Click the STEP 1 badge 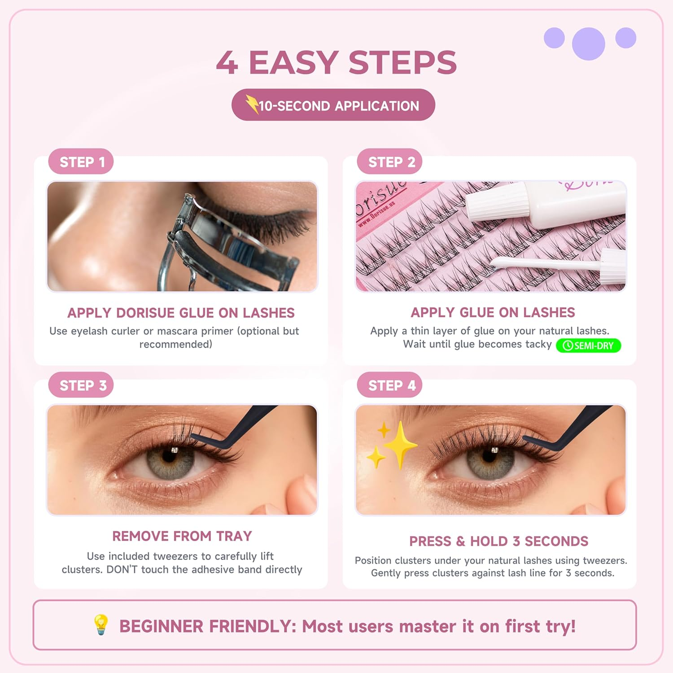(x=81, y=162)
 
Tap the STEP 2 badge (x=390, y=162)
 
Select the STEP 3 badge (x=81, y=385)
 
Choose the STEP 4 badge (x=390, y=385)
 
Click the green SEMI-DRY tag (x=588, y=345)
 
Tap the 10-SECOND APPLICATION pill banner (x=333, y=105)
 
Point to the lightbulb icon (x=101, y=625)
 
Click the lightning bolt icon (x=252, y=105)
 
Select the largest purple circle (x=588, y=44)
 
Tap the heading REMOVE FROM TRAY (x=182, y=536)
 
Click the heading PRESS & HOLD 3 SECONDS (x=498, y=541)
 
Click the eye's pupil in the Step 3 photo (x=169, y=456)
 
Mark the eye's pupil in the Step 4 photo (x=489, y=455)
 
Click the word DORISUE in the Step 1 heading (x=145, y=313)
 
